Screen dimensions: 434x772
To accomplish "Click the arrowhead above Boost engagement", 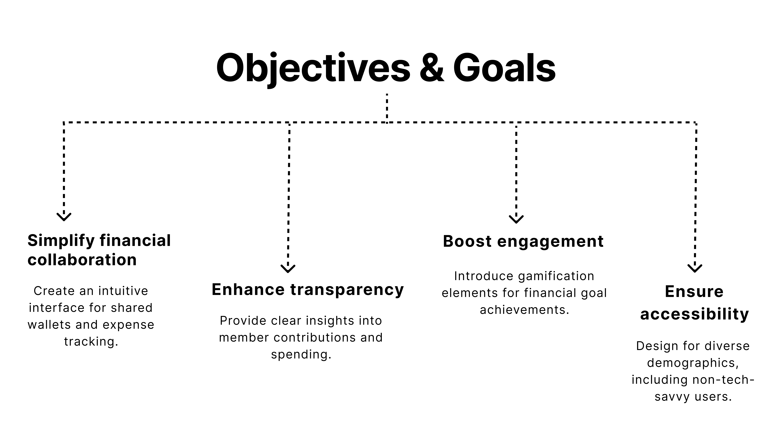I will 516,219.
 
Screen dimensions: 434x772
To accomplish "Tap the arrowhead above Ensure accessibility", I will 695,268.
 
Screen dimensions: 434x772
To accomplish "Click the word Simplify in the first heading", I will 61,241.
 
